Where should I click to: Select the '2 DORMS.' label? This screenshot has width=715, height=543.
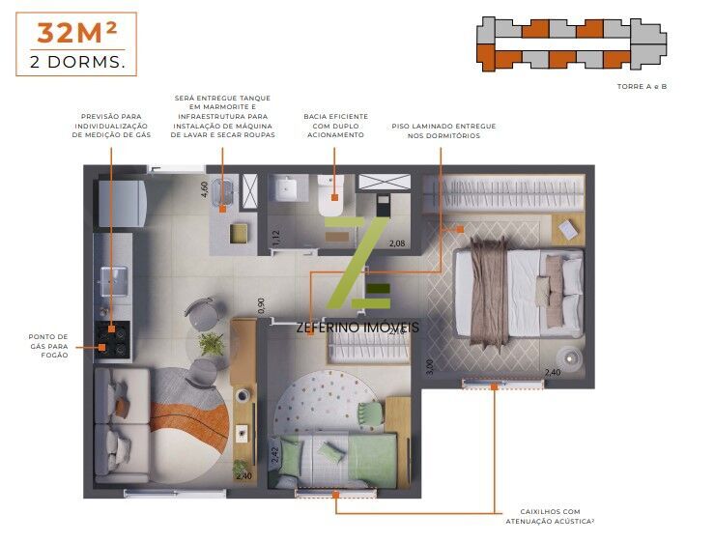click(77, 64)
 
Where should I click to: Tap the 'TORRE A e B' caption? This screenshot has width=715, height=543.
click(642, 87)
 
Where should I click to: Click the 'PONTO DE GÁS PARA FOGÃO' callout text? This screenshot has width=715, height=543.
click(48, 345)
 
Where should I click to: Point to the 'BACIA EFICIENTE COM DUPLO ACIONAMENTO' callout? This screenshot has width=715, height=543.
click(334, 125)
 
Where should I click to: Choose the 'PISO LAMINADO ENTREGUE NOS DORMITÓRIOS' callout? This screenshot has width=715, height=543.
click(443, 130)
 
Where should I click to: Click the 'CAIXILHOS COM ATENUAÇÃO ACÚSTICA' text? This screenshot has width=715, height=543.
click(549, 516)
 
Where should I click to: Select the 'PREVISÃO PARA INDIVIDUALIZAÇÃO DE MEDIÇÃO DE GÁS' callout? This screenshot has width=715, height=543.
click(111, 127)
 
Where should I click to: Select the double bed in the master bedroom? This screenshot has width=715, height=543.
click(518, 292)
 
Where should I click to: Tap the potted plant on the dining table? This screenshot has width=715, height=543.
click(211, 343)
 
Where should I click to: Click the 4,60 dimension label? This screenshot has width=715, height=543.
click(204, 188)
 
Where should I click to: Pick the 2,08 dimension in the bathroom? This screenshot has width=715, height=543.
click(397, 244)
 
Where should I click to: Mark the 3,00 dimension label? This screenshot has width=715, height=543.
click(430, 367)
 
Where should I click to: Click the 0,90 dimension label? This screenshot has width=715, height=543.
click(260, 304)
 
